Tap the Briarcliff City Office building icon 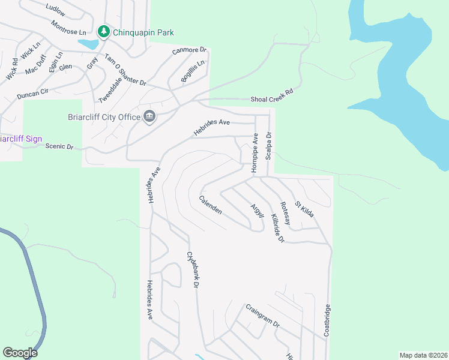[x=149, y=116]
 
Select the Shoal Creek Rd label [x=272, y=99]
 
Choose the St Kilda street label [x=304, y=209]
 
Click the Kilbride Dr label [x=277, y=229]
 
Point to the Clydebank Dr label [x=192, y=269]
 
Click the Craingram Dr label [x=262, y=316]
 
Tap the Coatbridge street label [x=327, y=320]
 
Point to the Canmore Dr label [x=189, y=50]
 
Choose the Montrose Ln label [x=68, y=27]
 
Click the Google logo [x=20, y=353]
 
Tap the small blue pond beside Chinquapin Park [x=88, y=44]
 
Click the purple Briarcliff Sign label [x=21, y=139]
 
